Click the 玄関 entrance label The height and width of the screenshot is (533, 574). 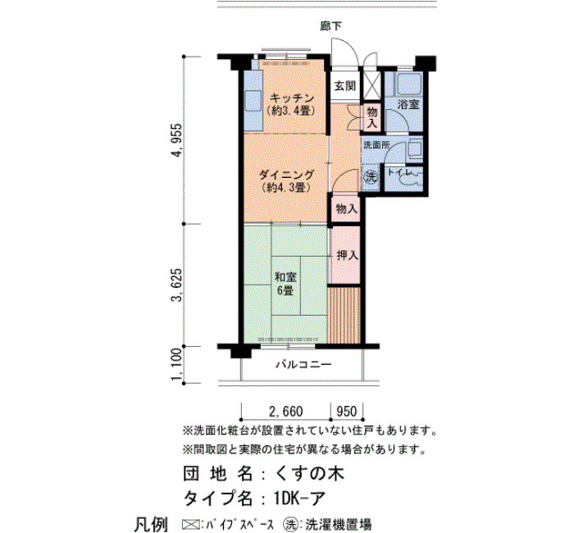(345, 86)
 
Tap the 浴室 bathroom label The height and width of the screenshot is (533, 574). (408, 104)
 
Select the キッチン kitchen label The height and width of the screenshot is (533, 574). (292, 98)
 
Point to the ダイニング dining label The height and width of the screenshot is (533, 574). (286, 175)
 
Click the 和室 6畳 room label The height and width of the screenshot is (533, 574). (285, 284)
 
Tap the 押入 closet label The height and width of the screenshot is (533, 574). (347, 255)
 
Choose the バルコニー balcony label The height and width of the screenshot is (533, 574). (304, 364)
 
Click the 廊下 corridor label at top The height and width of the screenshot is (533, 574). (331, 26)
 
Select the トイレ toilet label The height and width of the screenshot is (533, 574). (400, 171)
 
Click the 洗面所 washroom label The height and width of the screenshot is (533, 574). (376, 144)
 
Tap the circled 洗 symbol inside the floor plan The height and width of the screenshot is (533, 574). (371, 178)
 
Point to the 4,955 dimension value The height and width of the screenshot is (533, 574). (177, 140)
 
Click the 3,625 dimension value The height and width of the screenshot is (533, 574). (177, 285)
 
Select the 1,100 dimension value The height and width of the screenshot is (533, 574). (177, 364)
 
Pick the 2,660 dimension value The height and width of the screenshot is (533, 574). (286, 411)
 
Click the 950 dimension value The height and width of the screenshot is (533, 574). (346, 411)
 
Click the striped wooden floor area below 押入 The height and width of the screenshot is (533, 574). (344, 315)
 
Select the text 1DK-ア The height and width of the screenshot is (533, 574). (298, 498)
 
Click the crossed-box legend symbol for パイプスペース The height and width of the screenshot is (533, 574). (191, 524)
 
